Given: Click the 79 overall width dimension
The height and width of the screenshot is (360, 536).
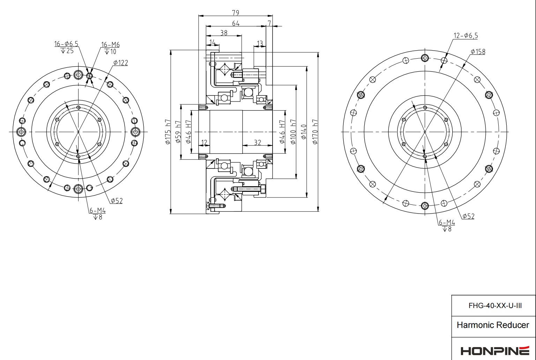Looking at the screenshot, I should coord(236,13).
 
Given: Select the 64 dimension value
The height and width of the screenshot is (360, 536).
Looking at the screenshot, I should coord(236,23).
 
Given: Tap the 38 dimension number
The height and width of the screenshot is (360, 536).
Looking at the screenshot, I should coord(224,33).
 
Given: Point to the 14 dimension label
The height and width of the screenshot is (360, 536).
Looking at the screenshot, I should coord(212,42).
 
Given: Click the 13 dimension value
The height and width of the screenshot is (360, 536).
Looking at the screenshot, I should coord(260,44).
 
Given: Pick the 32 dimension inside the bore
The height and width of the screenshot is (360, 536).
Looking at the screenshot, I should coord(257,142).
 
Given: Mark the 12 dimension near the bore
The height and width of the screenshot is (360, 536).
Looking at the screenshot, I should coord(204,142).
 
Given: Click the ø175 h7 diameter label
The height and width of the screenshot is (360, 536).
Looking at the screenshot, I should coord(168,132).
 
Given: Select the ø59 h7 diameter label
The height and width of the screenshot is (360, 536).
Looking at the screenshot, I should coord(178,132).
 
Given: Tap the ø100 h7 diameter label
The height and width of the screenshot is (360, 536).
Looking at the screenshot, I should coord(293,132).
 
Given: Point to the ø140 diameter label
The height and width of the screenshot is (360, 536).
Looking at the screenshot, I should coord(304,132).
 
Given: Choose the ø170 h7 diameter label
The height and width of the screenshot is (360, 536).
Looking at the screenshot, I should coord(315,132).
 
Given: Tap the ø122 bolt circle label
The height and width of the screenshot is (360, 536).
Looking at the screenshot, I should coord(120,63).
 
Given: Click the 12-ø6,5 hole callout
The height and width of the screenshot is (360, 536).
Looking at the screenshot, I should coord(466,36).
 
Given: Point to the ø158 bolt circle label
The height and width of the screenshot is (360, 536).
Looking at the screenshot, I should coord(478,52).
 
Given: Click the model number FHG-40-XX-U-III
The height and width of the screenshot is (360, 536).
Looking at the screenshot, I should coord(495,306).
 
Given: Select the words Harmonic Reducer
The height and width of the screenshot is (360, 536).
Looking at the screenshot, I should coord(493,325).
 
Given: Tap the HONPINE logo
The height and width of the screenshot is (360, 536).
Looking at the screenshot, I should coord(495,350).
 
